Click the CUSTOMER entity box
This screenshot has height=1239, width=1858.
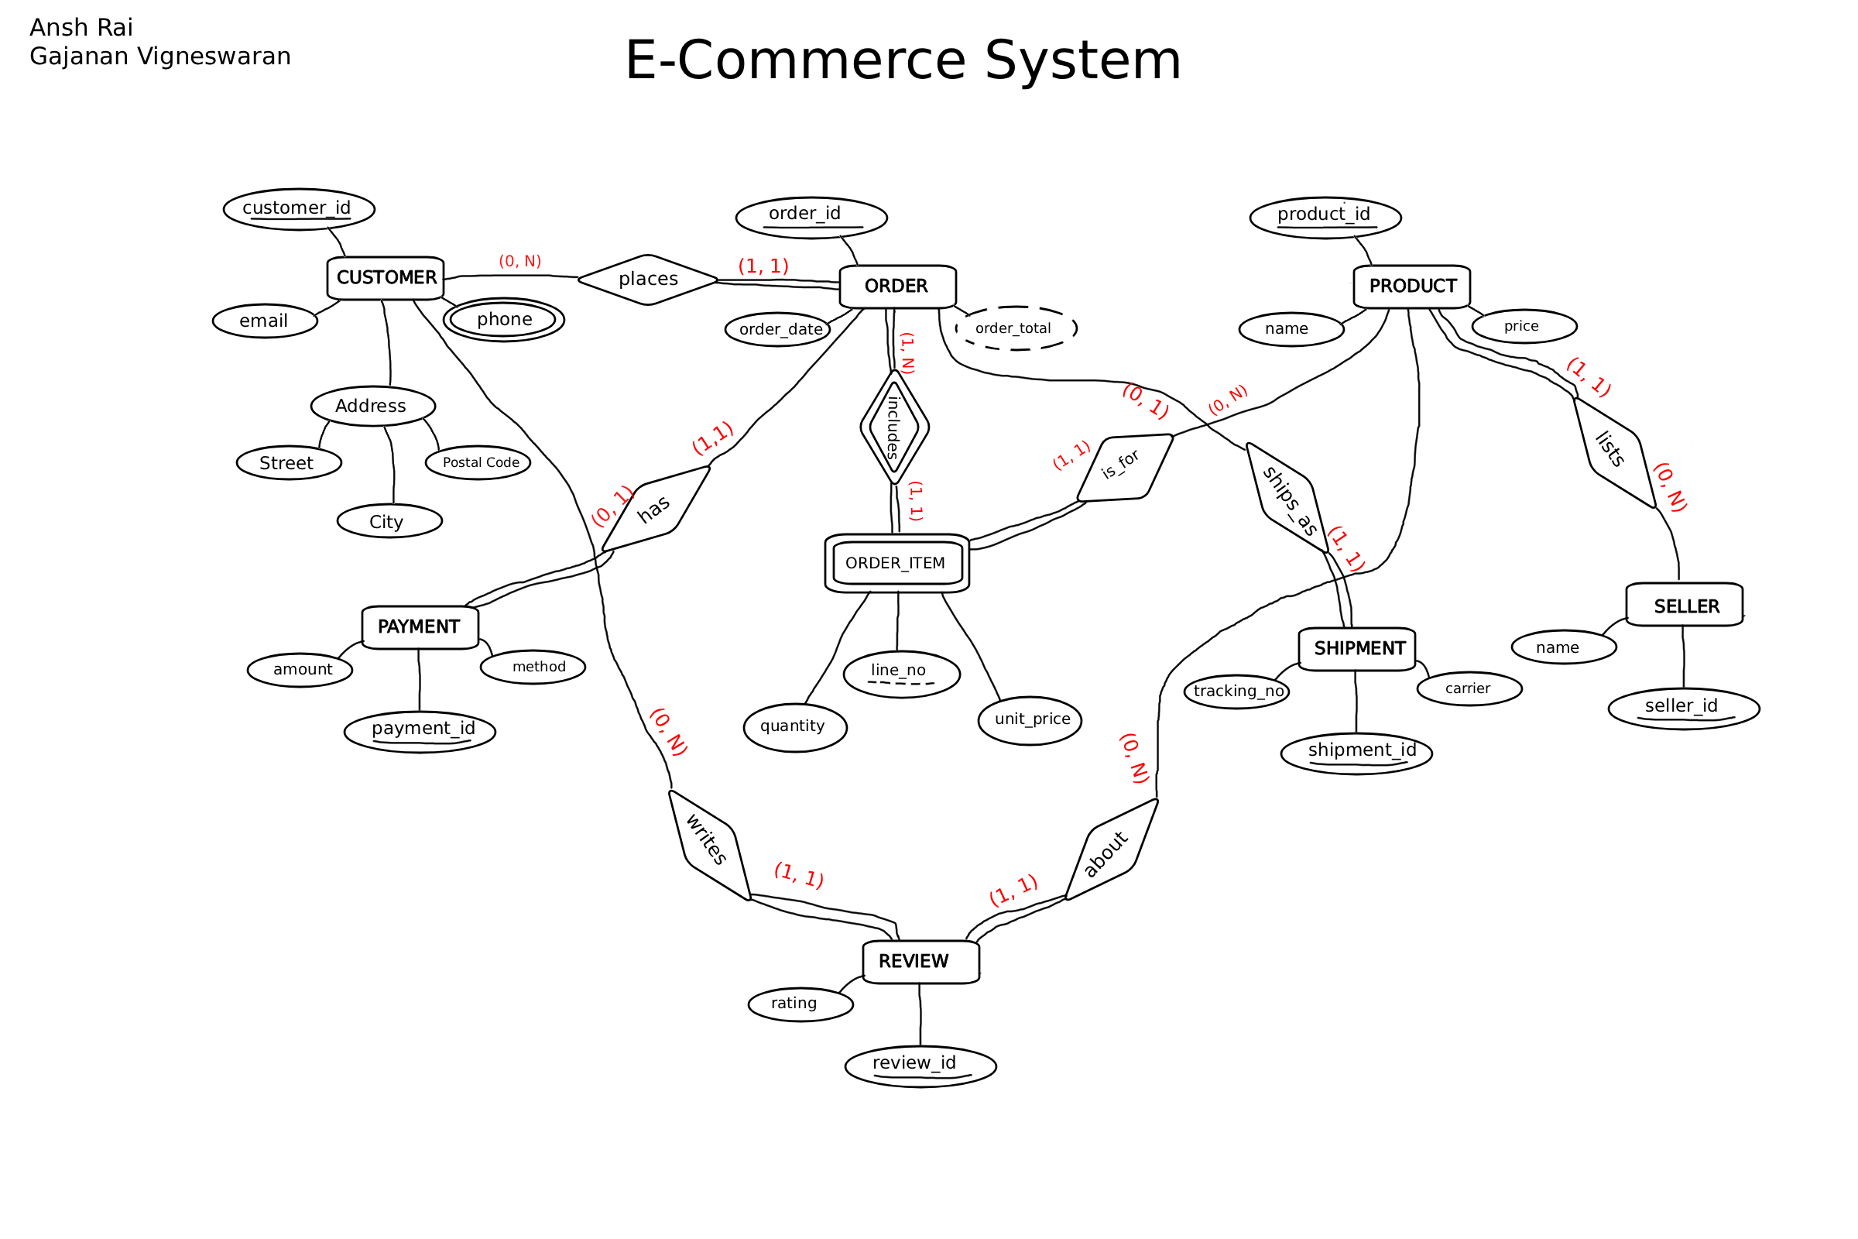(x=386, y=278)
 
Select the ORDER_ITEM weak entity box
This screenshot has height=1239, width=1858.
(x=896, y=564)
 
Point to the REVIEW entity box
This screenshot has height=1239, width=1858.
(x=921, y=962)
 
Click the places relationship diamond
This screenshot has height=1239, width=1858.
(x=648, y=279)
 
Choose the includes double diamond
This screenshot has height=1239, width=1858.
(x=894, y=427)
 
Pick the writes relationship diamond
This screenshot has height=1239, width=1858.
(x=708, y=844)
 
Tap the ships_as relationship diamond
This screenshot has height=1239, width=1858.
(x=1288, y=498)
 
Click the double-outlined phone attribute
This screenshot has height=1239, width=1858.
(x=504, y=320)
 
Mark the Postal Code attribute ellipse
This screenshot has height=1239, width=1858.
(x=478, y=463)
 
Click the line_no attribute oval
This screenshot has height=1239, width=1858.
(x=901, y=674)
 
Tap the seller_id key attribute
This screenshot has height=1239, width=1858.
(x=1683, y=708)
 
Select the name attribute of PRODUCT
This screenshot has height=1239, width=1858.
(x=1291, y=328)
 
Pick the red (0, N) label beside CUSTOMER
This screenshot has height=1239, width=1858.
(x=519, y=261)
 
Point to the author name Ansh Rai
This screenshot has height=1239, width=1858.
(x=81, y=28)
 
